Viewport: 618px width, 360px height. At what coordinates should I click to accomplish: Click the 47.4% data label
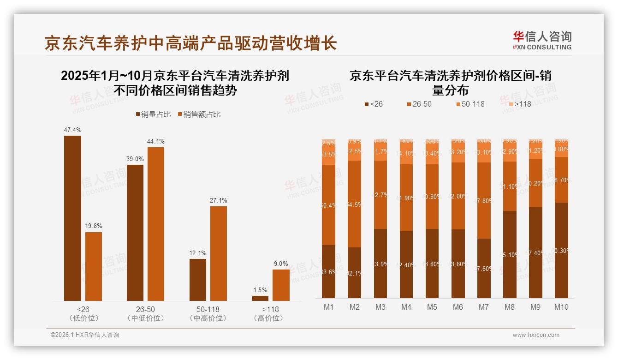pyautogui.click(x=72, y=130)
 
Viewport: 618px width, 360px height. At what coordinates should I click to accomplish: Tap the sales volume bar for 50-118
pyautogui.click(x=198, y=280)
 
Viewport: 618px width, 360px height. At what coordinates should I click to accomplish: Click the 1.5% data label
pyautogui.click(x=260, y=290)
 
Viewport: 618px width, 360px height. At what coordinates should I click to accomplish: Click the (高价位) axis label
pyautogui.click(x=268, y=318)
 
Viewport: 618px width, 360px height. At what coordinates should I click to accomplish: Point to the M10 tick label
pyautogui.click(x=561, y=307)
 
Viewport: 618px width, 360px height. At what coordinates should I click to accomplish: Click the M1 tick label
pyautogui.click(x=328, y=307)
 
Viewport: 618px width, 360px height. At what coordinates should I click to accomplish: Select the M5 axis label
pyautogui.click(x=432, y=307)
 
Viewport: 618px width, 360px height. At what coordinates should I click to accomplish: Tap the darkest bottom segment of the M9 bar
pyautogui.click(x=535, y=252)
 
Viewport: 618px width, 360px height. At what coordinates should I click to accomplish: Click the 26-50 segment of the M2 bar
pyautogui.click(x=354, y=204)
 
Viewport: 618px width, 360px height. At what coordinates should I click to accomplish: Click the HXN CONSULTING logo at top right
pyautogui.click(x=542, y=40)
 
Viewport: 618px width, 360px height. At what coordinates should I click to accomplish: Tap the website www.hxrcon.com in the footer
pyautogui.click(x=536, y=335)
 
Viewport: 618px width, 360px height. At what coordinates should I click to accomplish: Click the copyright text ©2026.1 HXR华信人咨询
pyautogui.click(x=85, y=335)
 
